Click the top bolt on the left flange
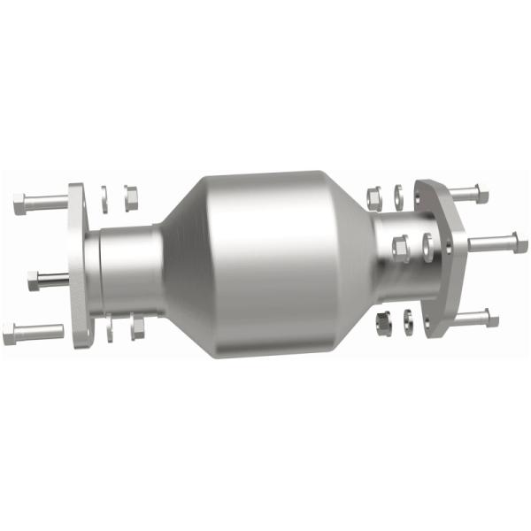(40, 203)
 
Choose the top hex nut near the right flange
(373, 195)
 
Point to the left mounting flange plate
(80, 265)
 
